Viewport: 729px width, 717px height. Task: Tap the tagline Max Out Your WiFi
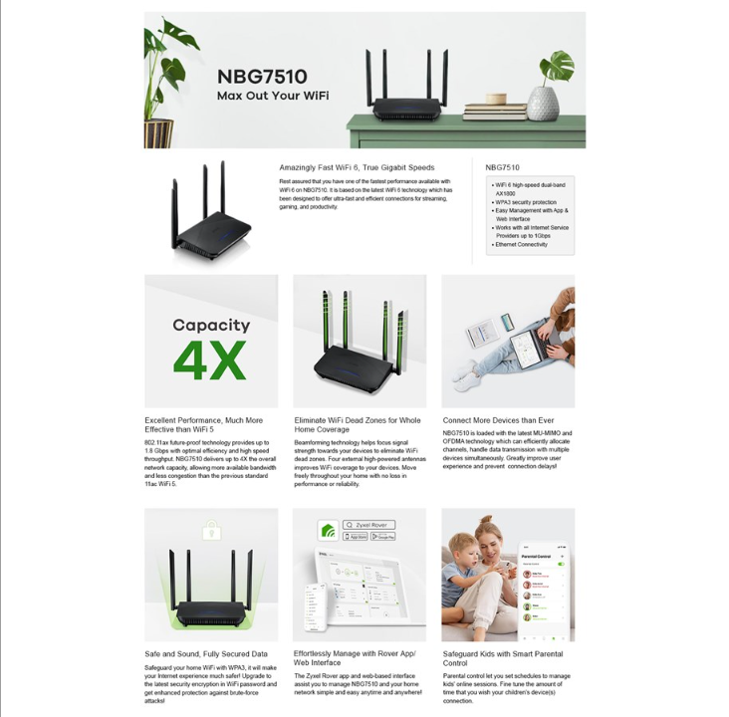pyautogui.click(x=273, y=96)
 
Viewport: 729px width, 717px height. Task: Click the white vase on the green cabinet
pyautogui.click(x=543, y=102)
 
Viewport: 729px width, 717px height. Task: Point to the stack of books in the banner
pyautogui.click(x=494, y=111)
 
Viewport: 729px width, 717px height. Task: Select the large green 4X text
pyautogui.click(x=209, y=360)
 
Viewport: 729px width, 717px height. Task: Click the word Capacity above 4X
pyautogui.click(x=210, y=325)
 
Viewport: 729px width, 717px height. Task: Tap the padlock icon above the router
pyautogui.click(x=210, y=529)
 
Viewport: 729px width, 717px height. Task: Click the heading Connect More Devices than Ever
pyautogui.click(x=498, y=420)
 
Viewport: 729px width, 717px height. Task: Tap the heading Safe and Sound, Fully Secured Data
pyautogui.click(x=206, y=654)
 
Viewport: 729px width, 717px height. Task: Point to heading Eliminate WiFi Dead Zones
pyautogui.click(x=358, y=425)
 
